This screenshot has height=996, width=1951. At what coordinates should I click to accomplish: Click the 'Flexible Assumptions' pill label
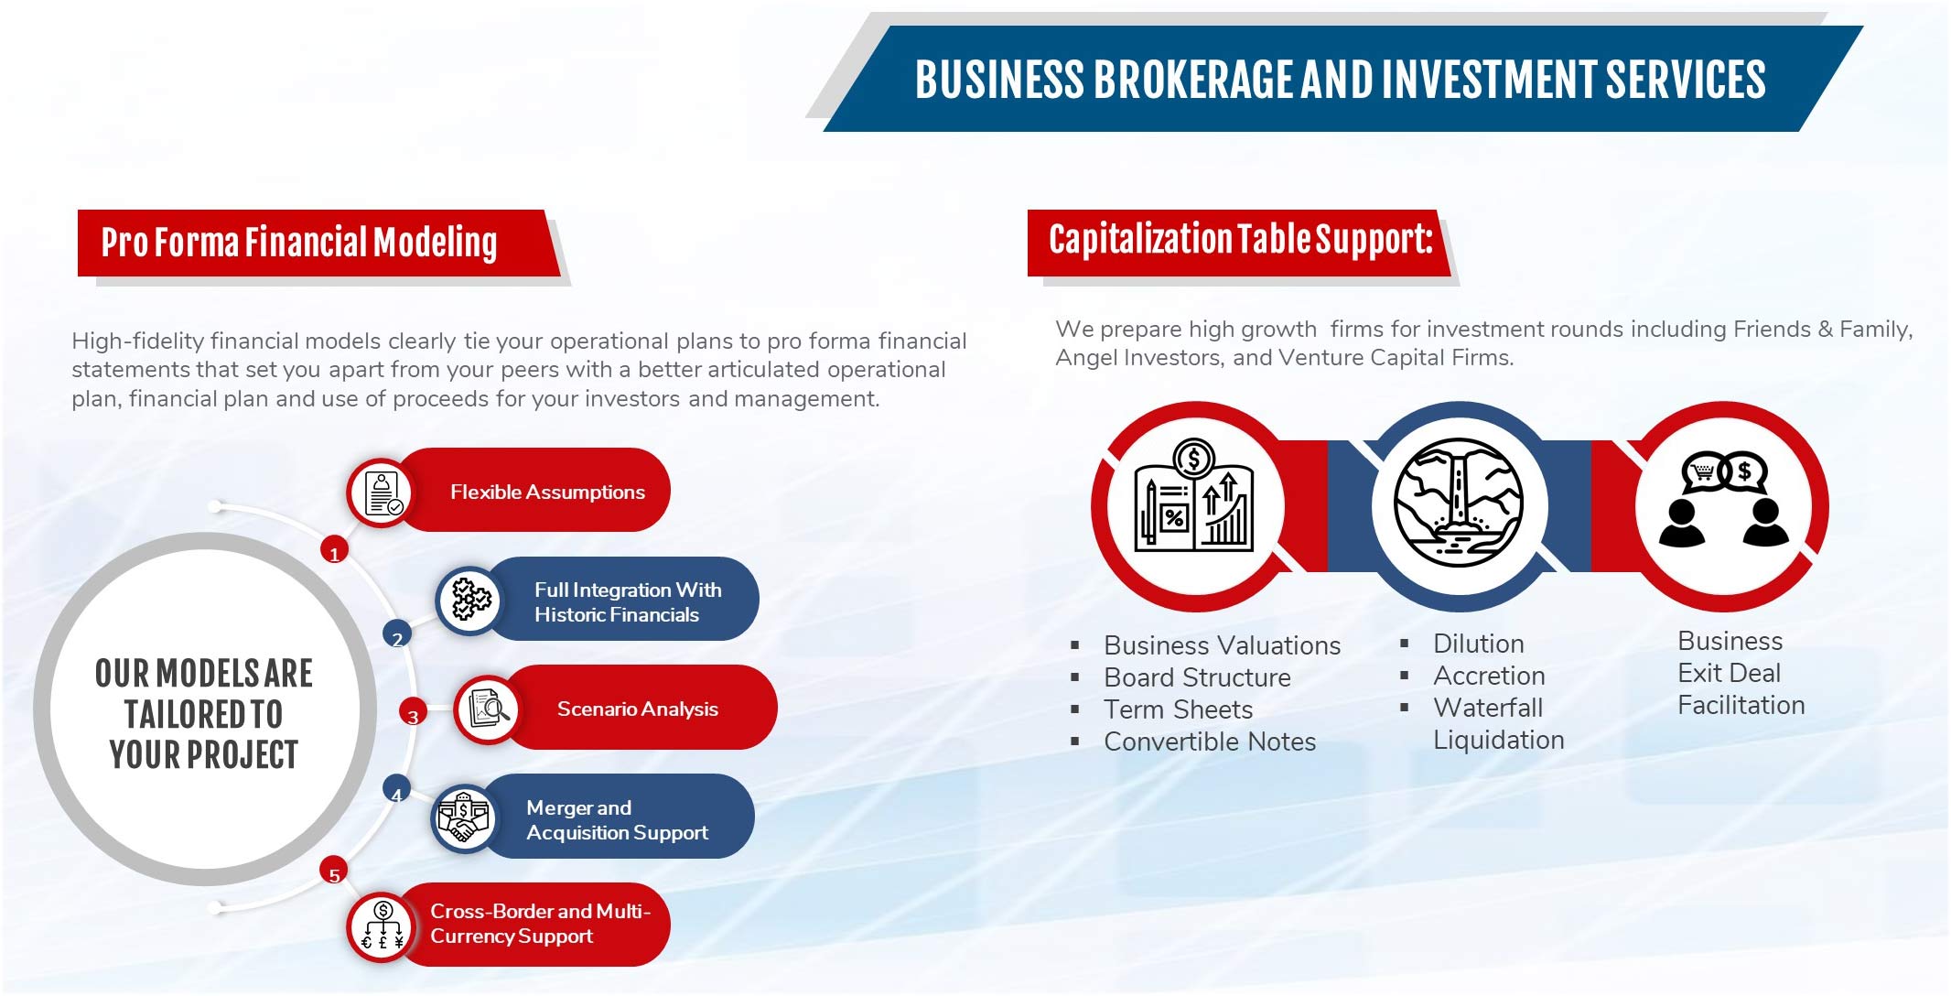(547, 493)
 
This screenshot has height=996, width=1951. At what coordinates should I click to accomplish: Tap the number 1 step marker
(334, 551)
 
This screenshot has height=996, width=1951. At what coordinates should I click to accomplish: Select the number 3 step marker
(413, 713)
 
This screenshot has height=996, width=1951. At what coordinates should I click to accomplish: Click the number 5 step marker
(334, 872)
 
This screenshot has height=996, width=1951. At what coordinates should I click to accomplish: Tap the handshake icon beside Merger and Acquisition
(464, 817)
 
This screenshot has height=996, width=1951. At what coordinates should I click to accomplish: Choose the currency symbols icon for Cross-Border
(383, 926)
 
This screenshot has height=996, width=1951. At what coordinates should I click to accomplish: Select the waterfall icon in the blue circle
(1459, 503)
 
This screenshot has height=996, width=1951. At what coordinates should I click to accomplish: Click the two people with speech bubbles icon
(1724, 499)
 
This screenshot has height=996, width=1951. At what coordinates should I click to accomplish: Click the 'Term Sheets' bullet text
(1178, 709)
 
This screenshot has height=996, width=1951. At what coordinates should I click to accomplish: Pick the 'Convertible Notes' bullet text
(1210, 742)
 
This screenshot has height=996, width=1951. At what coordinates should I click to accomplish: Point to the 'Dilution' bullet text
(1478, 644)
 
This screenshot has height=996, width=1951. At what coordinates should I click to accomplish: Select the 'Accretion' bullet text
(1489, 676)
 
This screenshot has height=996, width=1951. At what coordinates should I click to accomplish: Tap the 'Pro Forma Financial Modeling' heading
(299, 243)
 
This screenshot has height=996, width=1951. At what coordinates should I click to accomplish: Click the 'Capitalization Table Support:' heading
(1240, 240)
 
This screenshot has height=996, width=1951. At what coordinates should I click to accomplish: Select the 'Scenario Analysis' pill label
(637, 709)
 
